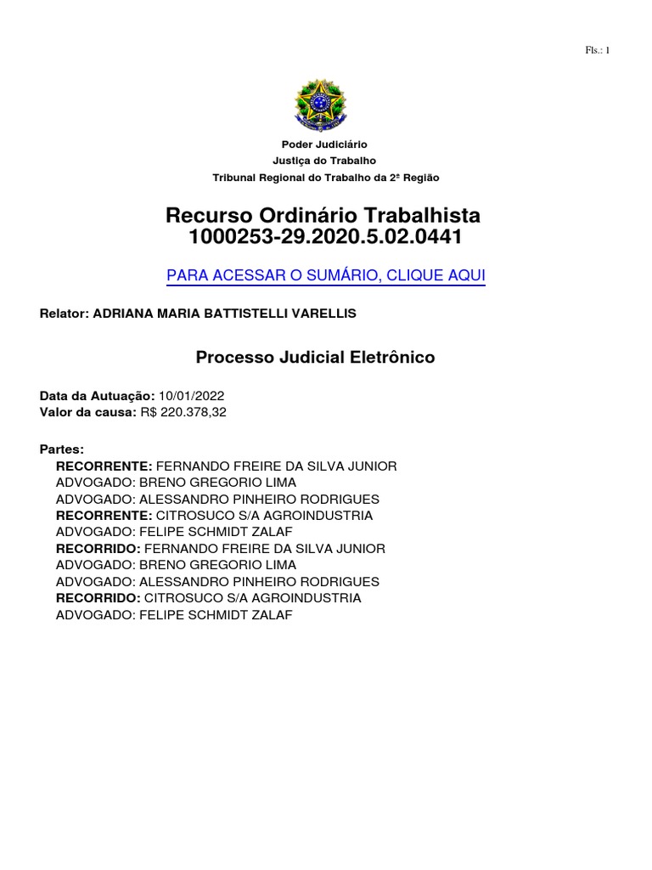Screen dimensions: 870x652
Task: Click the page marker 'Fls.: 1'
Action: (x=598, y=50)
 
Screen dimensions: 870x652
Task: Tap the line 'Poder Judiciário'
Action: (x=325, y=145)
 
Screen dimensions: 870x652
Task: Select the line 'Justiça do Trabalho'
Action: (x=325, y=161)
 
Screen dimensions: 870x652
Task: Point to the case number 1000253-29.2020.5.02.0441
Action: (x=325, y=238)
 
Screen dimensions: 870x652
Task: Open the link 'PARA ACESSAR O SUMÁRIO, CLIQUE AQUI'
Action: (x=326, y=276)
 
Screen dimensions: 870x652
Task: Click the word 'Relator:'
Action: (x=64, y=314)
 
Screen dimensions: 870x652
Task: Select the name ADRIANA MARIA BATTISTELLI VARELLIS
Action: (x=224, y=314)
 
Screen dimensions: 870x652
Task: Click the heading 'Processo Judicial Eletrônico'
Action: (x=315, y=358)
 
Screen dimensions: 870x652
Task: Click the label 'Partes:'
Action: (x=62, y=449)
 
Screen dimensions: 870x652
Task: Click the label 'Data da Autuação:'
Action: (x=97, y=396)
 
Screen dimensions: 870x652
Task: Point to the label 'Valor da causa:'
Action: (x=88, y=412)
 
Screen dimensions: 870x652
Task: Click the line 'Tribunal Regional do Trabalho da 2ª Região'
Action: (x=326, y=178)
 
